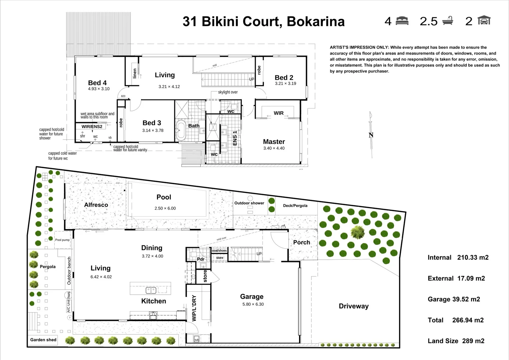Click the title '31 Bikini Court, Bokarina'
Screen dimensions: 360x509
coord(263,22)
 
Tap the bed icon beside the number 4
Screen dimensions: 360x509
coord(402,21)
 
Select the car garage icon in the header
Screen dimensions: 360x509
coord(484,21)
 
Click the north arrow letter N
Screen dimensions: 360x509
coord(371,135)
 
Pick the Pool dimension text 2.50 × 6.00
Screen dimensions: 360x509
coord(165,208)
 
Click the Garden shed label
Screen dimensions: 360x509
coord(43,340)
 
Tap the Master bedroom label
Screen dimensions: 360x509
coord(274,142)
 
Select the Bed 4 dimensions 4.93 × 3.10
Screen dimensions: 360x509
coord(99,89)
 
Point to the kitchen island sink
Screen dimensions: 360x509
coord(151,290)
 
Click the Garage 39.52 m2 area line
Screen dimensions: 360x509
coord(454,299)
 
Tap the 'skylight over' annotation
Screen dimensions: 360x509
coord(228,92)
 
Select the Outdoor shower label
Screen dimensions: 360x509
coord(249,203)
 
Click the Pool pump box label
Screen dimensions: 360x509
coord(62,240)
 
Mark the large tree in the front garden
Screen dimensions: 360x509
coord(358,232)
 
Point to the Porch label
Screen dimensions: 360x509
coord(301,242)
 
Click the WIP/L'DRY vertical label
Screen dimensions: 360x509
coord(194,308)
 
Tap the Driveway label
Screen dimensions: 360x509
coord(353,306)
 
